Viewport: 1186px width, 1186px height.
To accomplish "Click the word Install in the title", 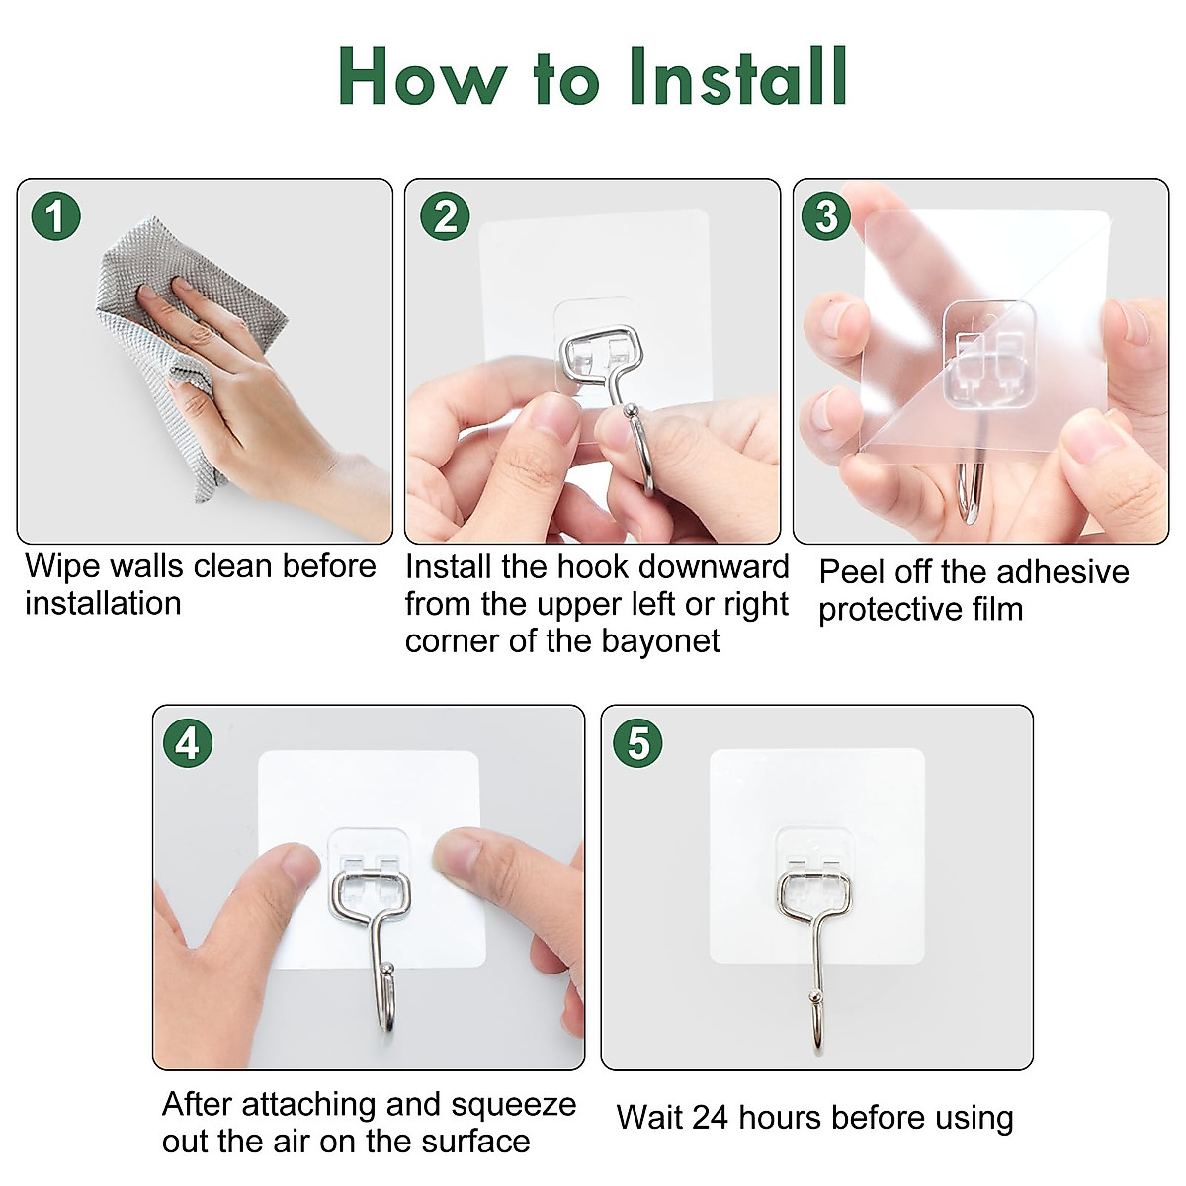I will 737,77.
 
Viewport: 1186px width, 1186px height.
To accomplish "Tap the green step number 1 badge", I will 55,216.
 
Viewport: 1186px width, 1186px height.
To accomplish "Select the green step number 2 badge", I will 445,216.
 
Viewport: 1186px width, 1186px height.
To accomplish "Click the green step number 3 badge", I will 826,216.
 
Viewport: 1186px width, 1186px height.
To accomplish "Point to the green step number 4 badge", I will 187,743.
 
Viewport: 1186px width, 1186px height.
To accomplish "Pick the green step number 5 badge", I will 637,743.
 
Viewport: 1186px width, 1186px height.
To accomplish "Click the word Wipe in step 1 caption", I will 61,566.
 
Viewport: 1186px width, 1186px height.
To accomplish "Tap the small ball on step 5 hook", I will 815,995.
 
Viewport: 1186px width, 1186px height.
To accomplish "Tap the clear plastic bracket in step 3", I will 988,356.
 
